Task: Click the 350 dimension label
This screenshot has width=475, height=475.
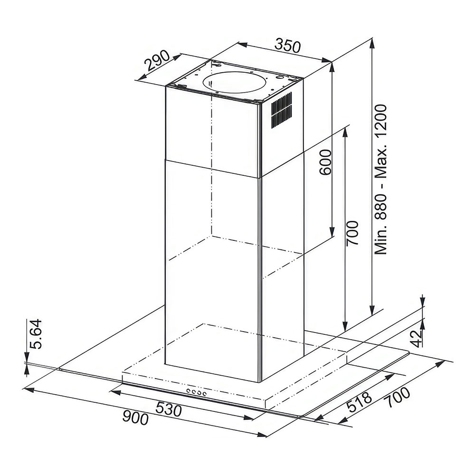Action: pyautogui.click(x=287, y=46)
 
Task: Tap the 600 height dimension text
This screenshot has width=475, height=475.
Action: pyautogui.click(x=326, y=162)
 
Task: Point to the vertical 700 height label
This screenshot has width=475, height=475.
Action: pyautogui.click(x=352, y=233)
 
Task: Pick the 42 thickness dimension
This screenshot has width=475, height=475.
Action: pyautogui.click(x=417, y=338)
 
